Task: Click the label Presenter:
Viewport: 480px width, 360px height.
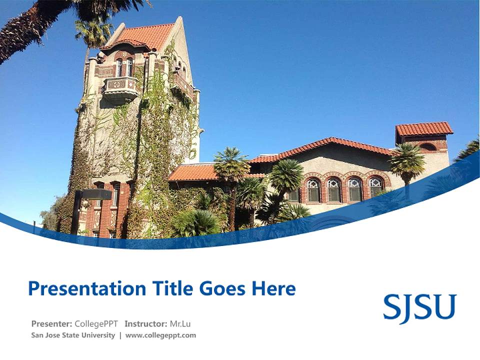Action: [51, 323]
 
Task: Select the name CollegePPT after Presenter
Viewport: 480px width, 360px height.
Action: [96, 323]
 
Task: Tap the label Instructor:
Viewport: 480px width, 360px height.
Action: [146, 323]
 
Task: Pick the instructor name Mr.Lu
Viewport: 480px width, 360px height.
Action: [181, 323]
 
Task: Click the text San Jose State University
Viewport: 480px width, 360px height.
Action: [73, 335]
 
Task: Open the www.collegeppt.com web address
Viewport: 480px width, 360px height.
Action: [160, 335]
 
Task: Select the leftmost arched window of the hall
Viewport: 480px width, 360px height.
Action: [313, 190]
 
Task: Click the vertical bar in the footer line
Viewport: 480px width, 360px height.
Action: [120, 335]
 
